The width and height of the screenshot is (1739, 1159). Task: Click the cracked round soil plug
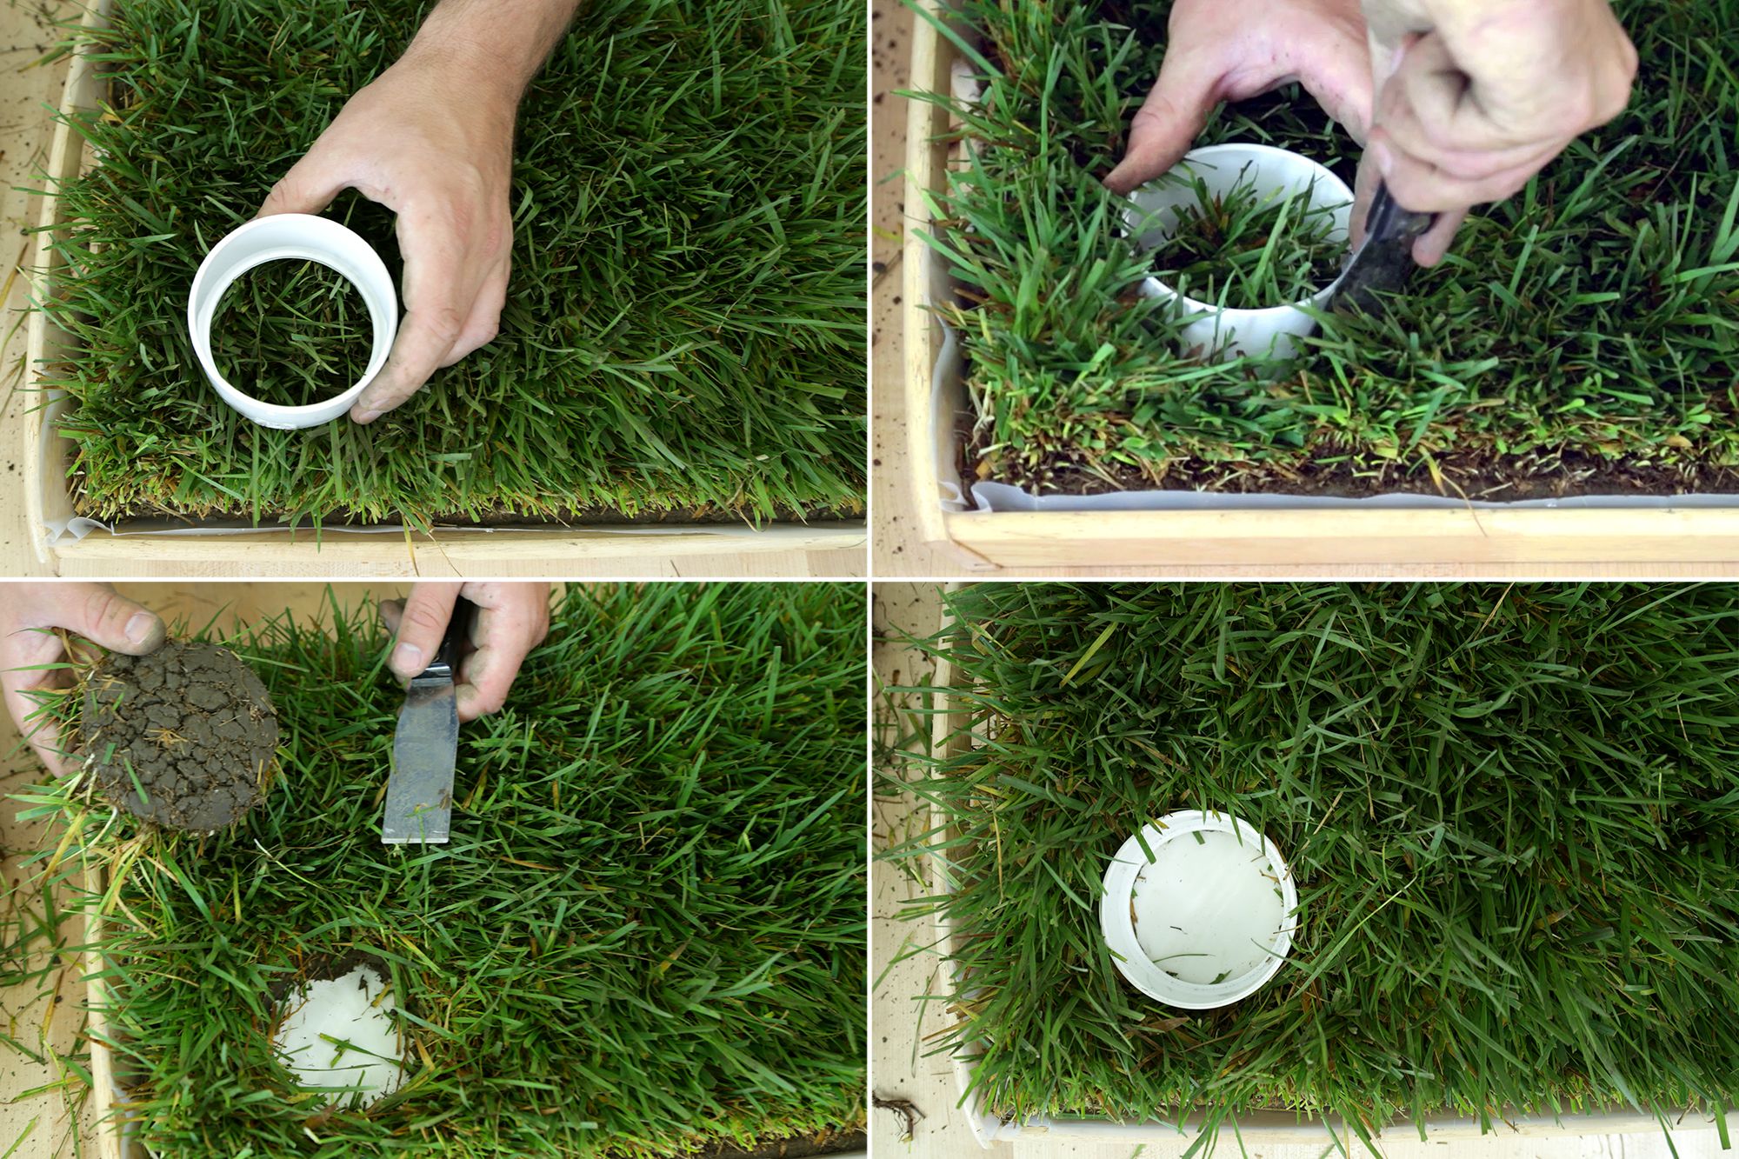(x=183, y=739)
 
